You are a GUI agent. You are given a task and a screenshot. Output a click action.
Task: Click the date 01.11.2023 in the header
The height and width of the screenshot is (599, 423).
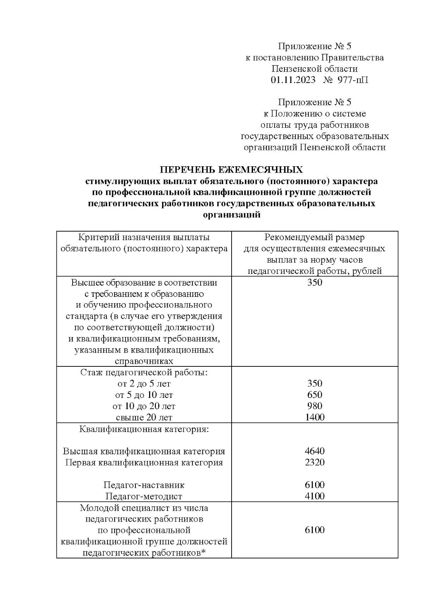coord(293,80)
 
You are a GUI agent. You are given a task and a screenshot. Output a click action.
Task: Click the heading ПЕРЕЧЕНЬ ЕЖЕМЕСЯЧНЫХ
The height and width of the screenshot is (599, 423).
coord(232,170)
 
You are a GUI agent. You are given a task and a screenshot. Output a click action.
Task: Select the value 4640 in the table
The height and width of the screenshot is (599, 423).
coord(314,451)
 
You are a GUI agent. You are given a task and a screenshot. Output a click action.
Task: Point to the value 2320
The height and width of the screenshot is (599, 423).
coord(314,462)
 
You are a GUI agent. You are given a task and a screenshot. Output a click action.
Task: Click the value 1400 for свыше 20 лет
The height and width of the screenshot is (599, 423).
coord(314,417)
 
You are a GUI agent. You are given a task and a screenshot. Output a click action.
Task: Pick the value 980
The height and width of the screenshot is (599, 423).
coord(314,406)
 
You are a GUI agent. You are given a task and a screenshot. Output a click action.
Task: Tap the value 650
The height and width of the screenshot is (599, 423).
coord(314,395)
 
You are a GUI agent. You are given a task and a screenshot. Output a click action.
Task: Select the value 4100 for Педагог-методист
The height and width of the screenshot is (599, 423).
coord(314,496)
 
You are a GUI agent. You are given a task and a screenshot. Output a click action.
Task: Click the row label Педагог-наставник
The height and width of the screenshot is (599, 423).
coord(144,485)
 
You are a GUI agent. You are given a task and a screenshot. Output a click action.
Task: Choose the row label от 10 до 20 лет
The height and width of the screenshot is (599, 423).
coord(144,406)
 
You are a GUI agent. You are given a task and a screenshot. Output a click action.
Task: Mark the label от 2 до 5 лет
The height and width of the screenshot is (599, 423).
coord(144,384)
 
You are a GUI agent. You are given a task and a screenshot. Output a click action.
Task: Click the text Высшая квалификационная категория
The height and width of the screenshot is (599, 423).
coord(144,451)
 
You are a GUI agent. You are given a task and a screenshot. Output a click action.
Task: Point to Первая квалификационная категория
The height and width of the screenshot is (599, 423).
coord(144,462)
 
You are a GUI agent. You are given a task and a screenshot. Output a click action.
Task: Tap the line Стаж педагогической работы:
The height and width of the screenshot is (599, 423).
coord(144,372)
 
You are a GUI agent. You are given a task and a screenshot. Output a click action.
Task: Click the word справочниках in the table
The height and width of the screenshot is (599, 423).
coord(144,361)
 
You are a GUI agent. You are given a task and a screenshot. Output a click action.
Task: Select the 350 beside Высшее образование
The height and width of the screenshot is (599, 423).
coord(314,283)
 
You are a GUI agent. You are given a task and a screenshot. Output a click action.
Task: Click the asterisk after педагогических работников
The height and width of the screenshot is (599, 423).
coord(203,552)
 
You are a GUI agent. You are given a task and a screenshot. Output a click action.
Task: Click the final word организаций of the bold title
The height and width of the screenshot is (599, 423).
coord(232,215)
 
